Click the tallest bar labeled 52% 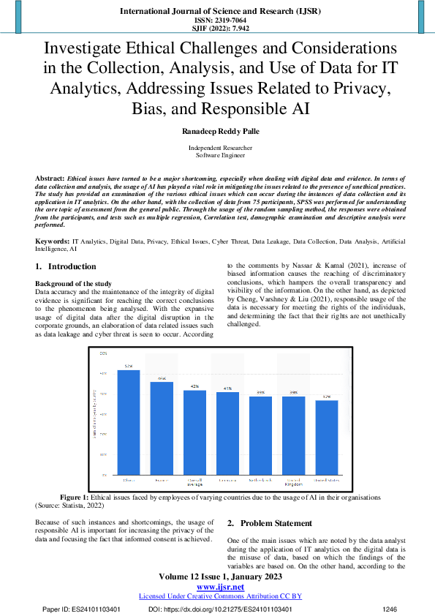tap(129, 422)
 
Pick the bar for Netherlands tap(260, 435)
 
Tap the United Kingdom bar tap(293, 435)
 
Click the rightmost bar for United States tap(326, 437)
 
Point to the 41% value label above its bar tap(227, 388)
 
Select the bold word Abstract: tap(50, 179)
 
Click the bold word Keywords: tap(52, 240)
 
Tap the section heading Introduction tap(77, 267)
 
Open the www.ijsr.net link tap(217, 587)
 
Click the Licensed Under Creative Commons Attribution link tap(217, 596)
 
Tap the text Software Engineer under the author tap(217, 156)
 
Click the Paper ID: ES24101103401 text tap(81, 609)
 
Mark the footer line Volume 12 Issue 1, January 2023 tap(217, 576)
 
